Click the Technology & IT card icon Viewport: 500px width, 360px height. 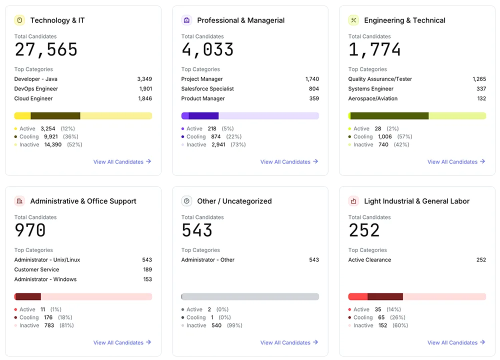(20, 20)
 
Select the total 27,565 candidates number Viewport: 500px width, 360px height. (46, 50)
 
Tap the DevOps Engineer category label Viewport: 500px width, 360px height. (36, 89)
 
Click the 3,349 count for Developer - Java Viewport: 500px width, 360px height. (144, 79)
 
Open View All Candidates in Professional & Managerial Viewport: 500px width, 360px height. (289, 162)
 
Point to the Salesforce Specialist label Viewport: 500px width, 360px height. (207, 89)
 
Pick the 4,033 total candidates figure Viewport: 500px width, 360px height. (207, 50)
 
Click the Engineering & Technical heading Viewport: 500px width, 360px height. (404, 20)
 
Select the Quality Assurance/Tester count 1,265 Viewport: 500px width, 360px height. (479, 79)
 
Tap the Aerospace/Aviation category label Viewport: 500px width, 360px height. (373, 99)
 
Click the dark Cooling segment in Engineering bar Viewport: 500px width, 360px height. (389, 116)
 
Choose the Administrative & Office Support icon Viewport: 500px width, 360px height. (20, 201)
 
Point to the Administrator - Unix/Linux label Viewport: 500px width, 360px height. (47, 260)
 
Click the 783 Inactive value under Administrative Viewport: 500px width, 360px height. (49, 325)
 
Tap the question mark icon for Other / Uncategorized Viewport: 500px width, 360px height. (187, 201)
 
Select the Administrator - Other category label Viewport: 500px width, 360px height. (207, 260)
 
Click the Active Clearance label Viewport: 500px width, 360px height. (369, 260)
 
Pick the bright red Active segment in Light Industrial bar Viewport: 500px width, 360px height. (358, 296)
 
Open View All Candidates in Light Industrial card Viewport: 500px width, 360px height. (456, 342)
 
